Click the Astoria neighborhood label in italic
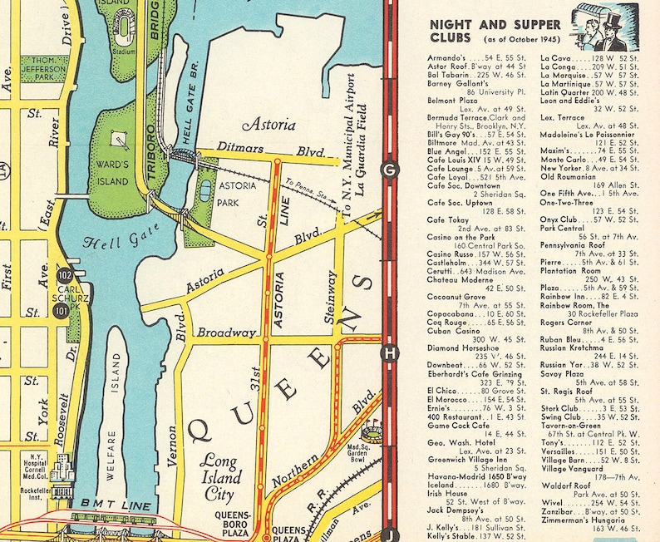click(x=268, y=125)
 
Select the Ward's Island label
click(x=113, y=170)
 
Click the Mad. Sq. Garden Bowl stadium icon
click(x=371, y=431)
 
